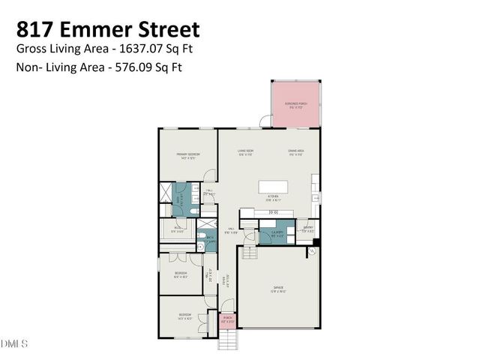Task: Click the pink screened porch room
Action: click(x=295, y=105)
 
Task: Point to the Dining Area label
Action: click(x=295, y=152)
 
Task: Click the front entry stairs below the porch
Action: click(x=229, y=340)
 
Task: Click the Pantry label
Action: click(x=307, y=230)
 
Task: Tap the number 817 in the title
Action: click(x=32, y=30)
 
